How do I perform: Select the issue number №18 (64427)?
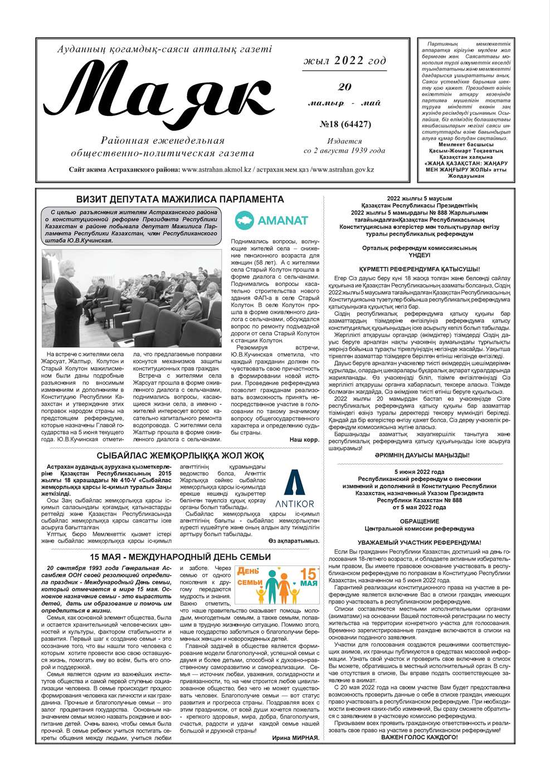point(345,124)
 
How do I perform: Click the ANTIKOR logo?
point(295,489)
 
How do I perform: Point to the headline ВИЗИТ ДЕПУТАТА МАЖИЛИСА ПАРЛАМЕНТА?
point(180,199)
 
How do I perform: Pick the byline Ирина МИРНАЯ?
point(295,738)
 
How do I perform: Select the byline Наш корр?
point(304,440)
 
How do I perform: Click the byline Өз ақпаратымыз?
point(294,540)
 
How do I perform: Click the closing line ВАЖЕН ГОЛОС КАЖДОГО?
point(419,737)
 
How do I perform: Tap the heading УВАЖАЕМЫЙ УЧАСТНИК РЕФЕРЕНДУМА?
point(419,542)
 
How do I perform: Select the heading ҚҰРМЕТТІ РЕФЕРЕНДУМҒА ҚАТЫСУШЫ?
point(419,269)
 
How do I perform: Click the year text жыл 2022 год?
point(344,61)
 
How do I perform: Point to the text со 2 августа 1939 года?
point(344,150)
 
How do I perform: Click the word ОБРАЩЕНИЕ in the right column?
point(419,521)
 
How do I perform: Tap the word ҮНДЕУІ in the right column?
point(419,255)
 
